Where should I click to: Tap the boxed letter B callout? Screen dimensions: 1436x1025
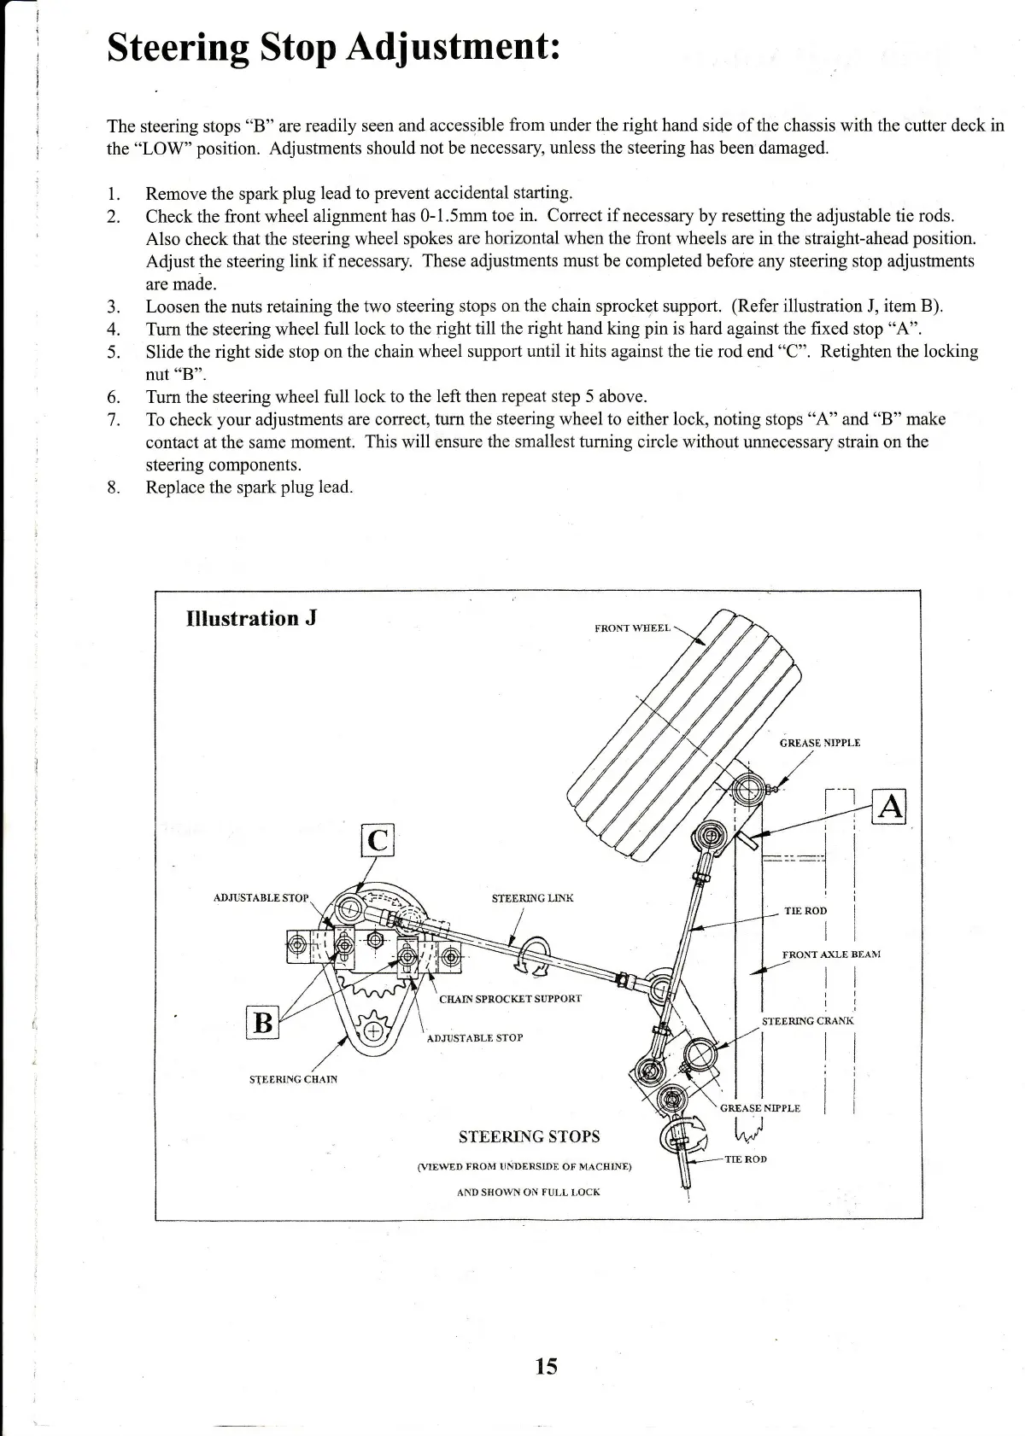(264, 1022)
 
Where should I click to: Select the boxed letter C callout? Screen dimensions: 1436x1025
(378, 840)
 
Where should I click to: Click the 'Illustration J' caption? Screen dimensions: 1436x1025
(251, 618)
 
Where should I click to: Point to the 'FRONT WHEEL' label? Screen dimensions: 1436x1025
(632, 628)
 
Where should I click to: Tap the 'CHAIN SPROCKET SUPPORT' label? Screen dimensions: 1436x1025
(510, 998)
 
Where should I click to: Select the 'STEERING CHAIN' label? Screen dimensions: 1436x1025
(293, 1079)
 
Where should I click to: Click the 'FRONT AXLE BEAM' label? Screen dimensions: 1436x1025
(830, 954)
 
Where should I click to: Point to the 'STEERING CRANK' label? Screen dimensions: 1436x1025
(807, 1020)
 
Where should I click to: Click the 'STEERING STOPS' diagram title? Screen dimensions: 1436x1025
(529, 1136)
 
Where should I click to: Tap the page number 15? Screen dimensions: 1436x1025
(546, 1367)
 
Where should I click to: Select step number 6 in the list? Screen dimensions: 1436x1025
(113, 397)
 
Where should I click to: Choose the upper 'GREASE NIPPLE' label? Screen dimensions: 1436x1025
(819, 743)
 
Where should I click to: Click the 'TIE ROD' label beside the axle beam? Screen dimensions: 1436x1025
(805, 911)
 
